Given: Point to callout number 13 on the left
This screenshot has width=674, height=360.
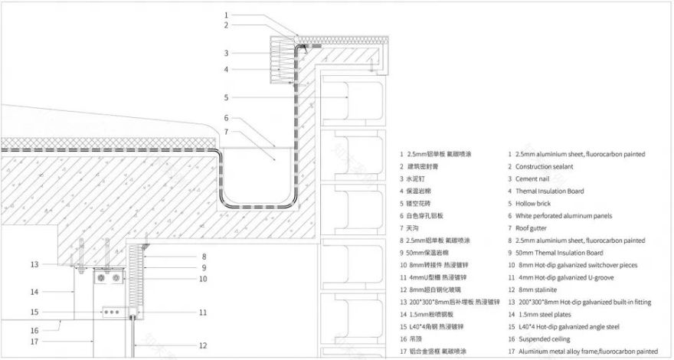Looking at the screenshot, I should tap(34, 264).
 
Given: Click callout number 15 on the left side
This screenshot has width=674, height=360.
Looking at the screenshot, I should tap(34, 312).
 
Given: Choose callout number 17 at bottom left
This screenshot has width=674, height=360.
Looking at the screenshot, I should tap(34, 341).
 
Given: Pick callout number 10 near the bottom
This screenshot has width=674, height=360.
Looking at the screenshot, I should tap(202, 279).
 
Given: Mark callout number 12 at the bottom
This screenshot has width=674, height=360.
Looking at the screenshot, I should tap(202, 345).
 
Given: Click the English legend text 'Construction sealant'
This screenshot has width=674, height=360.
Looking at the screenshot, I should tap(550, 166).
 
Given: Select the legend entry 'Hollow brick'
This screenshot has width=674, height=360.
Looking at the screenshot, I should tap(537, 204).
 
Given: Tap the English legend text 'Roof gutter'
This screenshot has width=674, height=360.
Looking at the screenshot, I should tap(535, 228).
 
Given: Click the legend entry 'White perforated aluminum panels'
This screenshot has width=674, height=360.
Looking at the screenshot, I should tap(568, 216).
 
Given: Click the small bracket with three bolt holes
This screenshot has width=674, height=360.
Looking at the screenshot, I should tap(113, 312).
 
